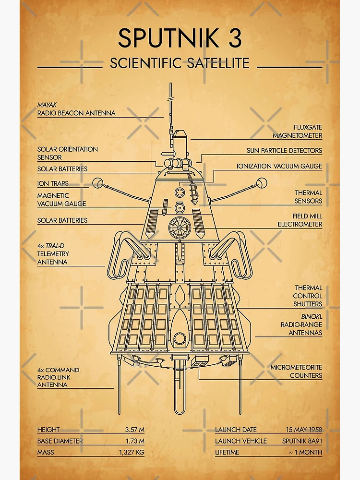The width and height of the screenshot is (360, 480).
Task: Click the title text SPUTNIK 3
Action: click(x=180, y=38)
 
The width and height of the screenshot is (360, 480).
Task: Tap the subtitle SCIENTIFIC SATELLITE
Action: click(x=180, y=63)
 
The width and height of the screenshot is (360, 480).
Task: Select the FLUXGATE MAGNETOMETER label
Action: click(x=297, y=131)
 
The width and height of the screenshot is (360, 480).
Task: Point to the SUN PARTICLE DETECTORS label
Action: click(x=284, y=150)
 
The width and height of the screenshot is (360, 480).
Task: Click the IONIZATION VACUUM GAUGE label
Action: click(x=279, y=166)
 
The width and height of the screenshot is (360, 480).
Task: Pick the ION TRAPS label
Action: click(x=53, y=183)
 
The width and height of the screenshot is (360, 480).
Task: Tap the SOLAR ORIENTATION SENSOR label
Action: click(x=67, y=153)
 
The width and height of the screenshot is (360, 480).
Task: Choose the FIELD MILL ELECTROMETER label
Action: click(x=300, y=220)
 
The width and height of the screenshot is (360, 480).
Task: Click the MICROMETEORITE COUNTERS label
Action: click(x=296, y=371)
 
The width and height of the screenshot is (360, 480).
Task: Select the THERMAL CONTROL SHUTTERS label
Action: click(x=308, y=296)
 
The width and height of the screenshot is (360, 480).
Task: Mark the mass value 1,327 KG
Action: click(x=132, y=452)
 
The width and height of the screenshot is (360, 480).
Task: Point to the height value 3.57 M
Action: click(x=134, y=430)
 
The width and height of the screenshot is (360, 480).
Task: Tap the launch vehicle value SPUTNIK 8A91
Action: click(x=302, y=441)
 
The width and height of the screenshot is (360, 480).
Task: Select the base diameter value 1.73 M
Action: click(x=134, y=441)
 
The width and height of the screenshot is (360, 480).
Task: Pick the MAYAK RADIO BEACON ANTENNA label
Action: click(x=76, y=109)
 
